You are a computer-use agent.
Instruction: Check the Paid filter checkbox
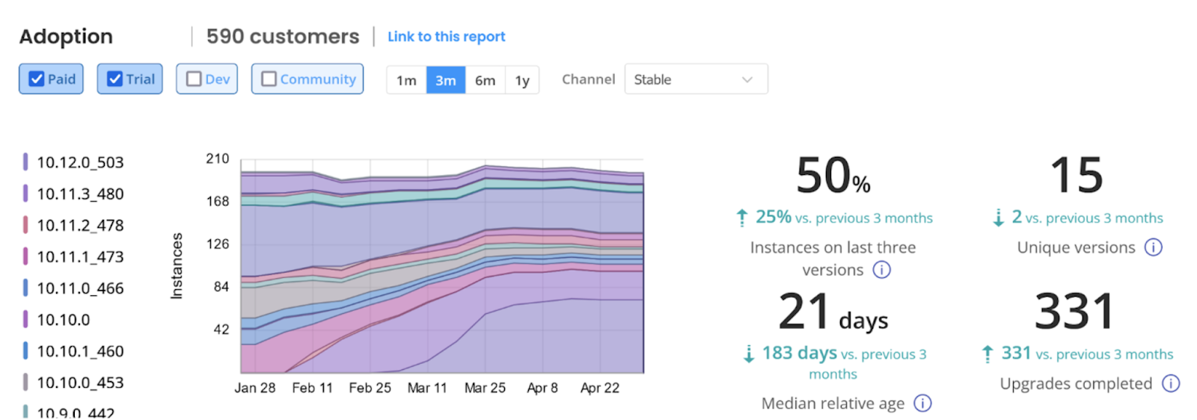37,79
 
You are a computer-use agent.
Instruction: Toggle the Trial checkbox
114,79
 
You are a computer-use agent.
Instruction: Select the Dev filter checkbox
194,79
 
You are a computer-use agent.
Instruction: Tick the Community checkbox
269,79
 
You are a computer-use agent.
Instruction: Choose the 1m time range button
406,80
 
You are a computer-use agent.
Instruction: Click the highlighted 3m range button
446,80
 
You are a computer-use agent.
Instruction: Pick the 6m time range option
485,80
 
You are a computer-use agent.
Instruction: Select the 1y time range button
522,80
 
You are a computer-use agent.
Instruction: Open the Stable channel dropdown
696,79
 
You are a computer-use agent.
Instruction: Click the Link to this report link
446,37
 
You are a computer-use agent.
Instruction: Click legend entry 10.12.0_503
80,162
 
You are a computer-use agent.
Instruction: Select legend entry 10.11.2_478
80,225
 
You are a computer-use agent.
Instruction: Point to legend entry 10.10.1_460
80,351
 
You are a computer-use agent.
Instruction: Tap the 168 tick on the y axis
218,201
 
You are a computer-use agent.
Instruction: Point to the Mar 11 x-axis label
427,388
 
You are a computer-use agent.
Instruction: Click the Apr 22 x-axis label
600,388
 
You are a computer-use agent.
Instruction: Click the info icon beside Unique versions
1154,247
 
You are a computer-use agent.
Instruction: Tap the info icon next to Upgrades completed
1170,383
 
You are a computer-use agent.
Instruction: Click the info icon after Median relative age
923,404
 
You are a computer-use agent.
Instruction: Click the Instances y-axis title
177,266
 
